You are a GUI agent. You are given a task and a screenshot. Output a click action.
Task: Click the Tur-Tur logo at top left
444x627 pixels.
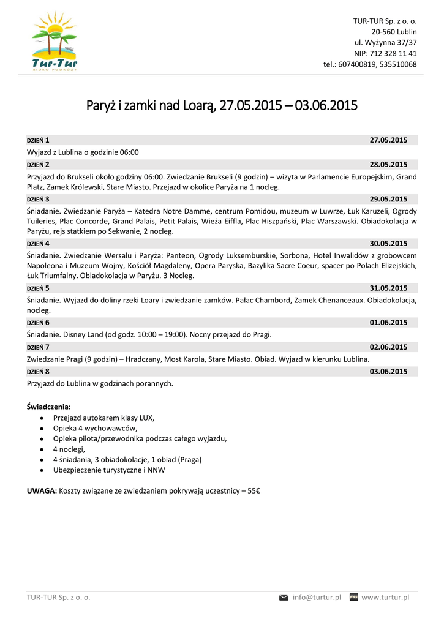[x=56, y=42]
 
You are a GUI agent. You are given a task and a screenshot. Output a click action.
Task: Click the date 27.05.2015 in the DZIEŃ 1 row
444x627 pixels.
[x=388, y=140]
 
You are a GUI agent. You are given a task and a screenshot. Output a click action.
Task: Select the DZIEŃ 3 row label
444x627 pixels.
[x=38, y=199]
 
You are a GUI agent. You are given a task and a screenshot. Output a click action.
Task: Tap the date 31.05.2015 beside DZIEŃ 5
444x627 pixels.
[x=388, y=288]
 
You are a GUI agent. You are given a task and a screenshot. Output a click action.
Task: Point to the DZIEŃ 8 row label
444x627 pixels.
[x=38, y=371]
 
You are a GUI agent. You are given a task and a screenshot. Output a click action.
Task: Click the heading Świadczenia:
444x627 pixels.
[x=49, y=406]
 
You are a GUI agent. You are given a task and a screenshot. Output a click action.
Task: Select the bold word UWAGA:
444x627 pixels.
[x=42, y=491]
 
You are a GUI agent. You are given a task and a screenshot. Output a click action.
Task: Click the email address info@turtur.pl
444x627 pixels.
[x=317, y=597]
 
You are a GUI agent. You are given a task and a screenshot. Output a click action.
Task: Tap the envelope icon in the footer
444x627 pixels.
[x=284, y=597]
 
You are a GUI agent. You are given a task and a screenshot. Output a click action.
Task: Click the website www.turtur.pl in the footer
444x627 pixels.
[x=385, y=597]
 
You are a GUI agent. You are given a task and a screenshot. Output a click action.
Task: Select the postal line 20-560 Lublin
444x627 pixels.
[x=394, y=32]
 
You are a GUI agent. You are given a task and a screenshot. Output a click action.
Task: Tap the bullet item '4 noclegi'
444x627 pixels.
[x=69, y=449]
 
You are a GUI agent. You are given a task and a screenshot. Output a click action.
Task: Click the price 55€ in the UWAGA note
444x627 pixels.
[x=254, y=491]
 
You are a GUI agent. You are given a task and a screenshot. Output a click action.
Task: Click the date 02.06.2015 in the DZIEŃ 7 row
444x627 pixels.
[x=388, y=347]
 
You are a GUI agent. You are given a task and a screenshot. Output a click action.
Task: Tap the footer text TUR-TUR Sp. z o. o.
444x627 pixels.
[x=58, y=598]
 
